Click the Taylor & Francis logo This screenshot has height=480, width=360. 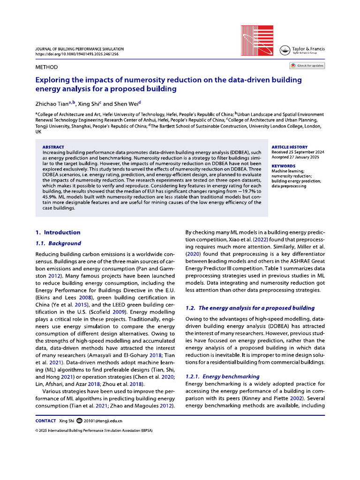pyautogui.click(x=302, y=51)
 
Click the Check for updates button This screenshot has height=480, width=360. pyautogui.click(x=307, y=66)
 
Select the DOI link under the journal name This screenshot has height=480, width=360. pyautogui.click(x=77, y=54)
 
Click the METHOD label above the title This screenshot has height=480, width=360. pyautogui.click(x=47, y=67)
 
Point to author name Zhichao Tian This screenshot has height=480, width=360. pyautogui.click(x=52, y=104)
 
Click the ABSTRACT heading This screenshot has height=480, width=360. pyautogui.click(x=53, y=147)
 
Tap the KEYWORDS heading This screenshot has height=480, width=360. pyautogui.click(x=284, y=166)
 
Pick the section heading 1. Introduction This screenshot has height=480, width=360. pyautogui.click(x=58, y=232)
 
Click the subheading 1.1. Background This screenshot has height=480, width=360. pyautogui.click(x=58, y=243)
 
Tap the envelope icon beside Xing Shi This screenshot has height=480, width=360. pyautogui.click(x=79, y=421)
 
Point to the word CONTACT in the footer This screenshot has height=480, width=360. pyautogui.click(x=45, y=421)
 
